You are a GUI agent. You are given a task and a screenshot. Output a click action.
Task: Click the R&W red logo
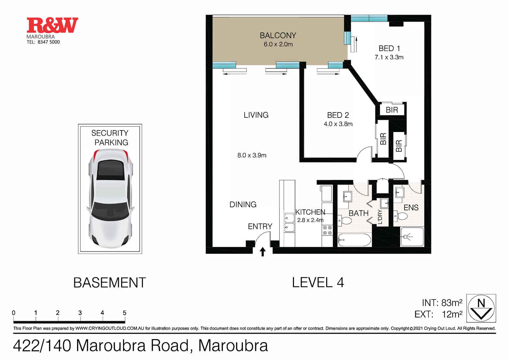[52, 25]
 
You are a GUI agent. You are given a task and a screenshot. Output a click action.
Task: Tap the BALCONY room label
[278, 36]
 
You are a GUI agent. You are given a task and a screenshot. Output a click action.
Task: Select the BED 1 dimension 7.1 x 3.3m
[389, 57]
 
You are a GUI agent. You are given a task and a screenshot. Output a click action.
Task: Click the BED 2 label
[338, 115]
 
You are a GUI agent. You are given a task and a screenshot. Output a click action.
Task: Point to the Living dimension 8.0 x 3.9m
[252, 155]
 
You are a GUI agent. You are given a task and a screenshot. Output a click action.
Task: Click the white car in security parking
[110, 198]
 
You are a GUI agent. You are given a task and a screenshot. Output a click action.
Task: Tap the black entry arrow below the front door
[262, 252]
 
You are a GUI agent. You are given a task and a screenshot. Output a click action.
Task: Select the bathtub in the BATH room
[354, 240]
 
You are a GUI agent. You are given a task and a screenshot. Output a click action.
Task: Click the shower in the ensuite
[412, 237]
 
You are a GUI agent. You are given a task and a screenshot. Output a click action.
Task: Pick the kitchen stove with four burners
[327, 230]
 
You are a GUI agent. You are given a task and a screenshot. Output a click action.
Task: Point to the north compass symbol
[481, 308]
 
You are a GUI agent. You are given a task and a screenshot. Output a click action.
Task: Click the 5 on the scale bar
[124, 313]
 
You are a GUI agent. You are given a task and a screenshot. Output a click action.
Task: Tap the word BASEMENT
[109, 283]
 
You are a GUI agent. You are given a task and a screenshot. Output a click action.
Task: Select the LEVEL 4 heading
[318, 283]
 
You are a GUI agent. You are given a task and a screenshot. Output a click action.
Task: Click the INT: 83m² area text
[442, 303]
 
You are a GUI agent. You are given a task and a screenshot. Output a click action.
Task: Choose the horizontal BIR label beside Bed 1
[392, 110]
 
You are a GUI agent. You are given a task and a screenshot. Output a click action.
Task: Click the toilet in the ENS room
[401, 216]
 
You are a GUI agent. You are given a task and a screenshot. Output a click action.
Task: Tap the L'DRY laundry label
[380, 217]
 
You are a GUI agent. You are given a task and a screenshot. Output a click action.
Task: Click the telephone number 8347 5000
[48, 42]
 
